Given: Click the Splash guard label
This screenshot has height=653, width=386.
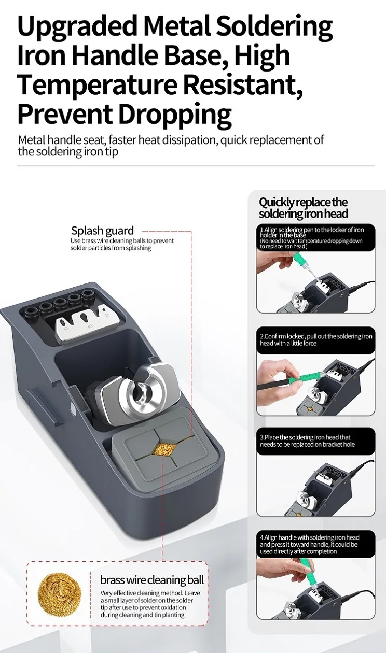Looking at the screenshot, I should coord(102,231).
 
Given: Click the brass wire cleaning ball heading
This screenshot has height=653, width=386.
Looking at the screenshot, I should coord(152,580).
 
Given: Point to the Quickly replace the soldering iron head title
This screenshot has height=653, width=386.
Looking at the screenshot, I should coord(304,208).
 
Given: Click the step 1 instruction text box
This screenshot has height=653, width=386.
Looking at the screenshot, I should coord(315,238).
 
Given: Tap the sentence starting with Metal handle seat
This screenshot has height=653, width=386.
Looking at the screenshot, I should coord(171,146).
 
